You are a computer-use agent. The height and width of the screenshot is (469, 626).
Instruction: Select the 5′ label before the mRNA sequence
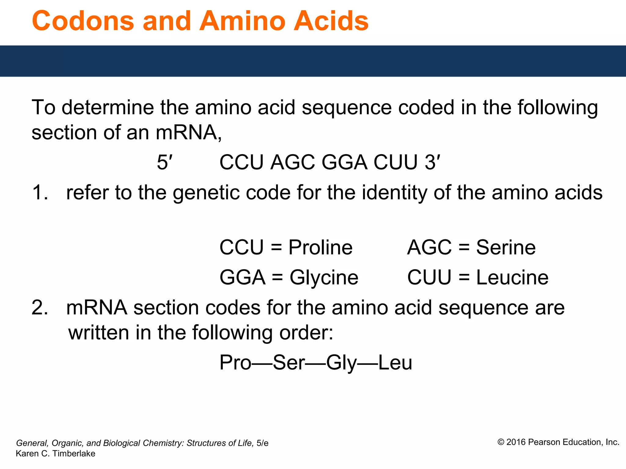pos(164,162)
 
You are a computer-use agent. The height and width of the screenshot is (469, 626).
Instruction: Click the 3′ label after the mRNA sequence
pos(432,162)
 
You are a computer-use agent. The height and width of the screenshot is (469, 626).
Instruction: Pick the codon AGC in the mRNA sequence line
pos(293,162)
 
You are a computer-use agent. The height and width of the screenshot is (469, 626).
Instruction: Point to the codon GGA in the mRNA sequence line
pos(344,162)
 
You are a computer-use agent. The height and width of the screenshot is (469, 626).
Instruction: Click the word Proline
pos(320,247)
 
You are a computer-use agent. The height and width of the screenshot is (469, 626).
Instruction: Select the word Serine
pos(506,247)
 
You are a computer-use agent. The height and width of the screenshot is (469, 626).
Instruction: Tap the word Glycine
pos(324,278)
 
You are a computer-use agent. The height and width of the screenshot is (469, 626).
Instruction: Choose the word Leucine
pos(512,278)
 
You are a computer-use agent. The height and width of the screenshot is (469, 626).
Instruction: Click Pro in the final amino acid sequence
pos(235,363)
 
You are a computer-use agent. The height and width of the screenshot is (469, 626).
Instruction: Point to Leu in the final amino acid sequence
pos(395,363)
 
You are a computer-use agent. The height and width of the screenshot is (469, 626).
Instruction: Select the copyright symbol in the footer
pos(501,442)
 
